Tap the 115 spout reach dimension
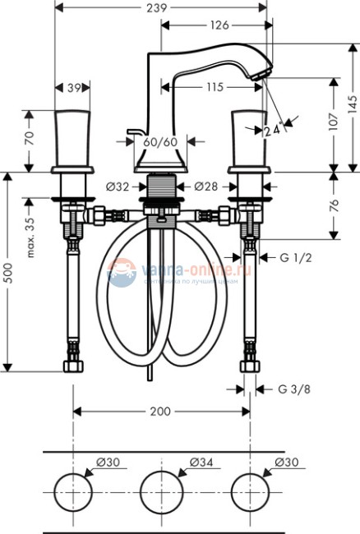[x=215, y=85]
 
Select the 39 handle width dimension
[x=72, y=87]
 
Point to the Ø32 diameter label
[x=118, y=186]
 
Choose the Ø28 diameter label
[x=206, y=186]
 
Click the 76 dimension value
[x=333, y=205]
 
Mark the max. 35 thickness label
[x=30, y=237]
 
